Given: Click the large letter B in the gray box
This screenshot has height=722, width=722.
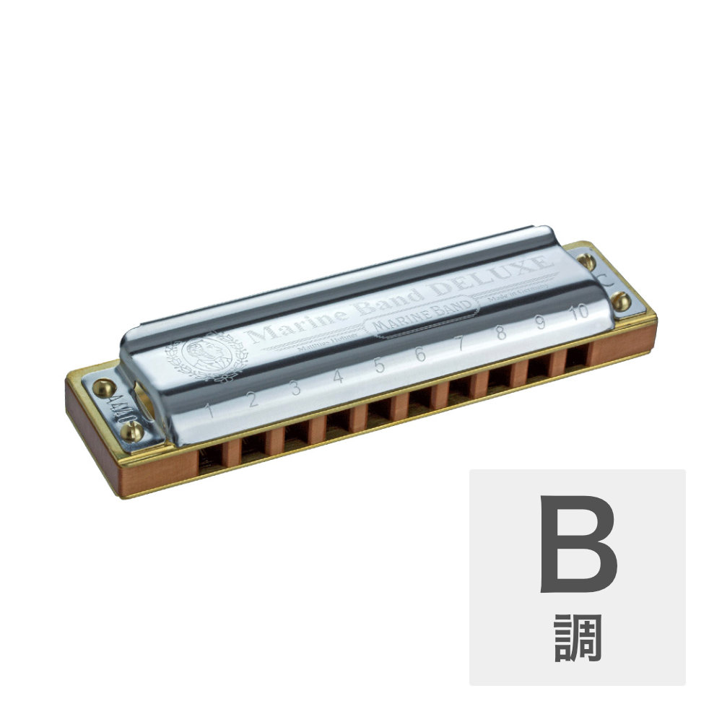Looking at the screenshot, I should [578, 546].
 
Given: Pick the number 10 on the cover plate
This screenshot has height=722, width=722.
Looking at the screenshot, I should [578, 312].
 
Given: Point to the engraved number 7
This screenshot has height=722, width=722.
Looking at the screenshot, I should [461, 344].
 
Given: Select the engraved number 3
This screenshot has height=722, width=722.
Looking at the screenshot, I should [295, 389].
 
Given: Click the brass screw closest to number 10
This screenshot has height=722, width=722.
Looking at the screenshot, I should [619, 300].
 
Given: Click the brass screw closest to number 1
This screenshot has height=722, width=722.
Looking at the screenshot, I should [132, 431].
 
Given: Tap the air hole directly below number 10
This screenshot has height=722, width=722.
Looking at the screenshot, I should [575, 357].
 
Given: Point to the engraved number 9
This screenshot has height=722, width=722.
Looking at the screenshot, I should [539, 323].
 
